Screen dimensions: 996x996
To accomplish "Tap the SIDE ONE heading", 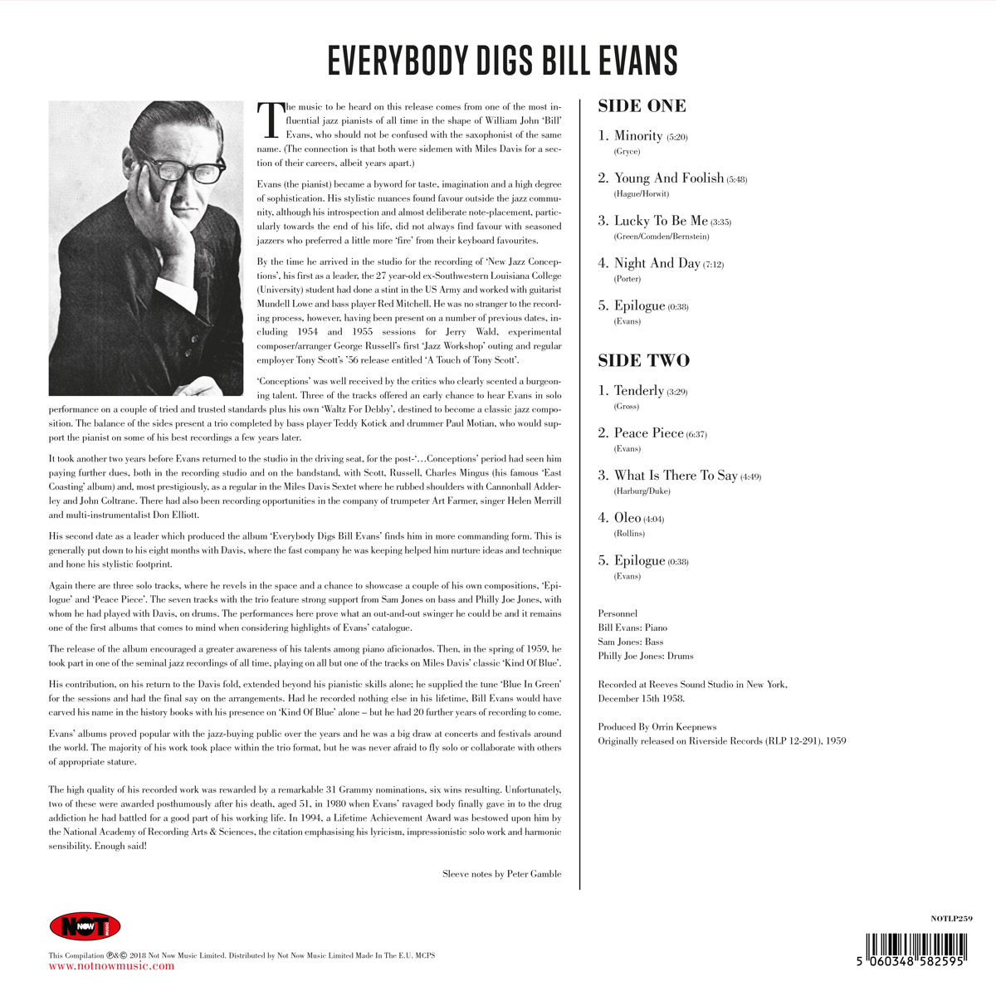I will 642,105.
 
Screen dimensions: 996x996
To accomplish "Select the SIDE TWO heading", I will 643,360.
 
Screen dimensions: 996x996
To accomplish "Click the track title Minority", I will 638,135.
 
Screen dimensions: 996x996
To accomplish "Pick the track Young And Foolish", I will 668,178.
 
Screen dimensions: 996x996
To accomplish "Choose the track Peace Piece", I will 648,433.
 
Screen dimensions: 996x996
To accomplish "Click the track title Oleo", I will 627,518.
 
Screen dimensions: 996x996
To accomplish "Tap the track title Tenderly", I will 638,390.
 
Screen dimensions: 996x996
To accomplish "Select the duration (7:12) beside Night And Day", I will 714,265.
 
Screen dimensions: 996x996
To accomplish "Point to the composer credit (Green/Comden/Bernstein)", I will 662,237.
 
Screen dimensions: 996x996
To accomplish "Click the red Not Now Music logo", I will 85,926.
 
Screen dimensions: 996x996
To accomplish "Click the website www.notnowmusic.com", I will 112,966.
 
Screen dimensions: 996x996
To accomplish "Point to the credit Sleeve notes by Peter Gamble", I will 501,873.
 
